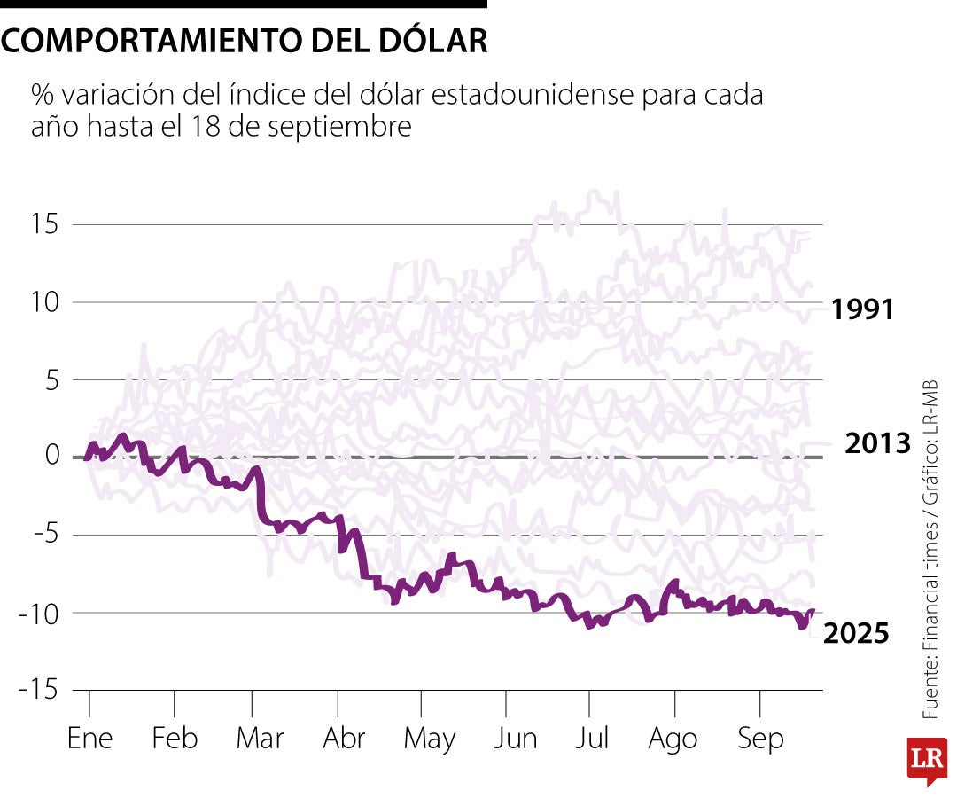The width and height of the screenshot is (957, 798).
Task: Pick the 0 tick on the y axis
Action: [51, 457]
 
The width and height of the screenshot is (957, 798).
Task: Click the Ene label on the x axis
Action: [89, 739]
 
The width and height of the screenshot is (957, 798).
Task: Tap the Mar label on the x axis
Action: [260, 739]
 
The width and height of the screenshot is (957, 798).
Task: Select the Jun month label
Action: [515, 739]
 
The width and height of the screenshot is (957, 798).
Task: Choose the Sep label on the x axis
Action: [760, 739]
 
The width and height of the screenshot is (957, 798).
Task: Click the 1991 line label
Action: [863, 310]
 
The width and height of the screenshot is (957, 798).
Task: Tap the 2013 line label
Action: [877, 443]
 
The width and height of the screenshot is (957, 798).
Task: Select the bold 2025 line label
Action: [857, 633]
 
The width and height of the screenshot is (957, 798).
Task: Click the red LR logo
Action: [926, 759]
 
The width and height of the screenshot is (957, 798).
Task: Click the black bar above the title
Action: [244, 4]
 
